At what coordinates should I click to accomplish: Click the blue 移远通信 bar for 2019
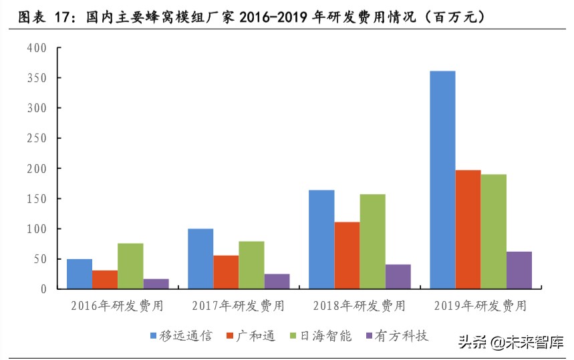point(442,180)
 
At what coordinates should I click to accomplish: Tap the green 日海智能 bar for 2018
point(372,241)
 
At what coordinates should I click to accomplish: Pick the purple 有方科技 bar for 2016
point(156,284)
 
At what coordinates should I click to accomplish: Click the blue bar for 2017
point(200,258)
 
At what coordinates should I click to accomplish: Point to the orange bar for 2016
point(105,279)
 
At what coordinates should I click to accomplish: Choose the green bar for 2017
point(251,264)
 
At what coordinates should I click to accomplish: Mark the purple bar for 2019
point(519,270)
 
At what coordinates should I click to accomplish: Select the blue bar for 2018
point(321,239)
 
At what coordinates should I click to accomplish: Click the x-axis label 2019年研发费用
point(480,307)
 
